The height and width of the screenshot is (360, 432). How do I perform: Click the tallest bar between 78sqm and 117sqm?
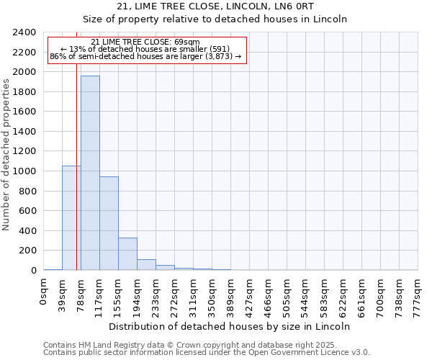[90, 173]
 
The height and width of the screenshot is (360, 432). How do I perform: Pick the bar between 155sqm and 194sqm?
[127, 253]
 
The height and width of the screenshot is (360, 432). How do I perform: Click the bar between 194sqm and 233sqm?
[146, 264]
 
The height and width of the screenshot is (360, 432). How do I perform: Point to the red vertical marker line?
[76, 180]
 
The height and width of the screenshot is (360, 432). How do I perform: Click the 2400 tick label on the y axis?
[25, 32]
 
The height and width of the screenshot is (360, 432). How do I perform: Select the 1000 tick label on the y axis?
[25, 171]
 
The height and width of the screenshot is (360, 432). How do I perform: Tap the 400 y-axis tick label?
[28, 231]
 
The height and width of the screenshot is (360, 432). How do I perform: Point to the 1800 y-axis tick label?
[25, 92]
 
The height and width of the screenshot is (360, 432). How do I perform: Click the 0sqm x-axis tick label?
[44, 292]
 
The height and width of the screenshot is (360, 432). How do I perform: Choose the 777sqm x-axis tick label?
[418, 294]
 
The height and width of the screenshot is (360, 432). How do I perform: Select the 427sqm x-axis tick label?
[249, 294]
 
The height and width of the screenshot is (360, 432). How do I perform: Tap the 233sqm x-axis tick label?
[156, 294]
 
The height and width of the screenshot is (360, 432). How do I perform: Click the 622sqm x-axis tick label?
[343, 294]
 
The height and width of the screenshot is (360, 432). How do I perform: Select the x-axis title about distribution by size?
[230, 326]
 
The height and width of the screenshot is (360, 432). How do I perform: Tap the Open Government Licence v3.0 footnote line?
[207, 352]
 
